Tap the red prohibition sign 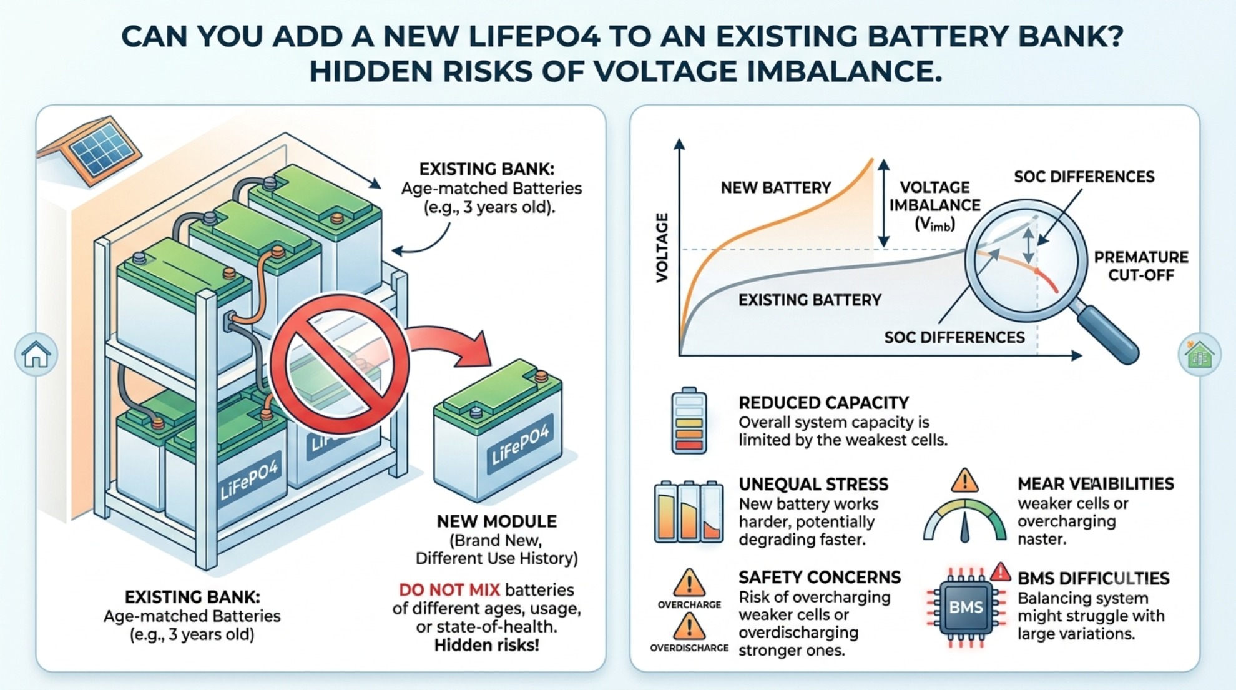tap(340, 363)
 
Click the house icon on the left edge tap(36, 355)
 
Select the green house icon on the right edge tap(1199, 355)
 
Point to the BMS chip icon tap(966, 606)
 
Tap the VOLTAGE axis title tap(662, 247)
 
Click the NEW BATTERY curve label tap(776, 188)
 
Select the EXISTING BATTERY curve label tap(810, 300)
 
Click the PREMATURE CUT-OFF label tap(1141, 266)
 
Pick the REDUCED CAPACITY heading tap(823, 403)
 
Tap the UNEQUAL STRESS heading tap(813, 484)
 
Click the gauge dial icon tap(964, 520)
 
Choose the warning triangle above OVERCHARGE tap(689, 583)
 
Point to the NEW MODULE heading tap(497, 521)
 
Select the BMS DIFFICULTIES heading tap(1093, 578)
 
